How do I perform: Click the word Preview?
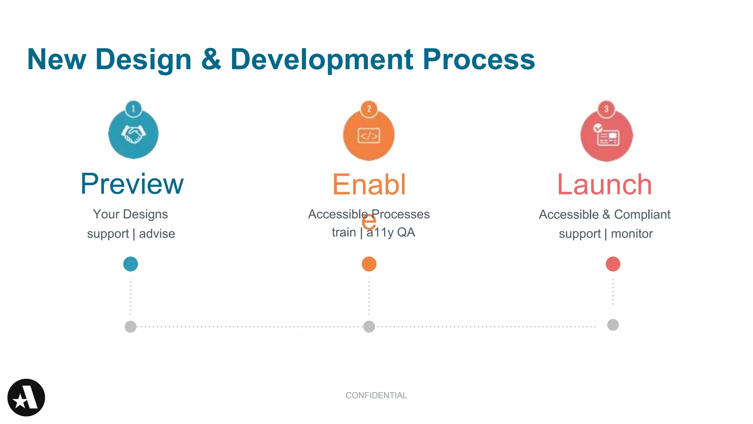(132, 184)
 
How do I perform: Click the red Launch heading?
(604, 185)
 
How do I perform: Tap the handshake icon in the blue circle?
(133, 135)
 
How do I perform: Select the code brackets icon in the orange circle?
(369, 136)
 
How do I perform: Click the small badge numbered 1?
(133, 109)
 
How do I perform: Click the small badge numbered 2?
(369, 109)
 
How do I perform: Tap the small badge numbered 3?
(606, 109)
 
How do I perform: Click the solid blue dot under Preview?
(131, 264)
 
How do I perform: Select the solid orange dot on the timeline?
(369, 264)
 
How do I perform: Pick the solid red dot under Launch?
(613, 264)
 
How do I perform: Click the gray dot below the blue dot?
(131, 326)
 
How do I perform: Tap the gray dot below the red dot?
(613, 325)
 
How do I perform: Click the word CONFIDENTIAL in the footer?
(376, 395)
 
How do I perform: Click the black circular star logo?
(26, 397)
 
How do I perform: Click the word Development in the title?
(322, 60)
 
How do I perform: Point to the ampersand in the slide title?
(211, 60)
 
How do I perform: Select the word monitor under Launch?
(632, 234)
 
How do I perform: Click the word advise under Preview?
(157, 234)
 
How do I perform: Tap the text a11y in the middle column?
(380, 233)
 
